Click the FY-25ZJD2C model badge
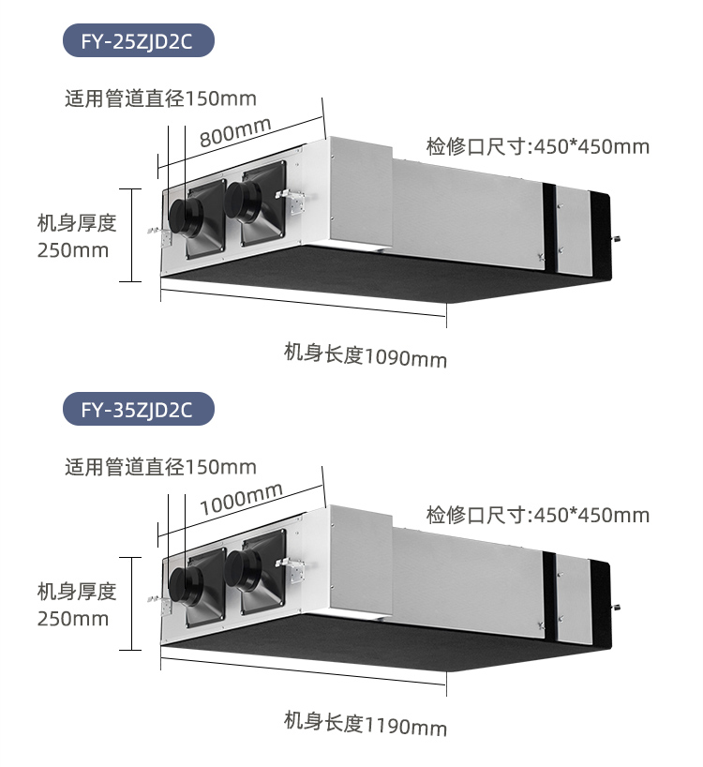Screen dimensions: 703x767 tap(138, 41)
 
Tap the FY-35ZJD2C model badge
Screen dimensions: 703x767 tap(138, 410)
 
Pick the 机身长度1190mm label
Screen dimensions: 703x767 tap(366, 724)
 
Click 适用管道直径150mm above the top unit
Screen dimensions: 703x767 tap(160, 98)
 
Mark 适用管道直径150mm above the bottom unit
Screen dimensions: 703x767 tap(160, 467)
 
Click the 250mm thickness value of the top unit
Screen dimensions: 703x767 tap(73, 250)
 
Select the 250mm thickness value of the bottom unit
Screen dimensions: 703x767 tap(73, 619)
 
